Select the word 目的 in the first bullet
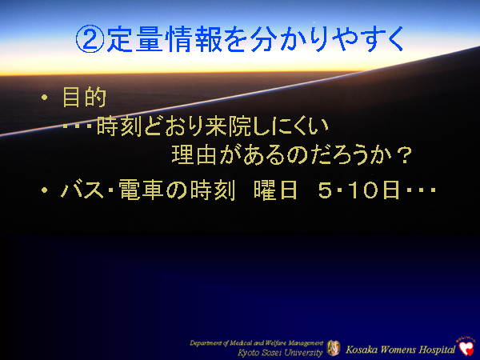pos(84,99)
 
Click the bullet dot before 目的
pos(46,99)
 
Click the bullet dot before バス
pos(46,192)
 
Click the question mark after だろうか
pos(404,153)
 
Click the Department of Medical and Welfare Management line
pos(256,342)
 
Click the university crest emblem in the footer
pos(334,346)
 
